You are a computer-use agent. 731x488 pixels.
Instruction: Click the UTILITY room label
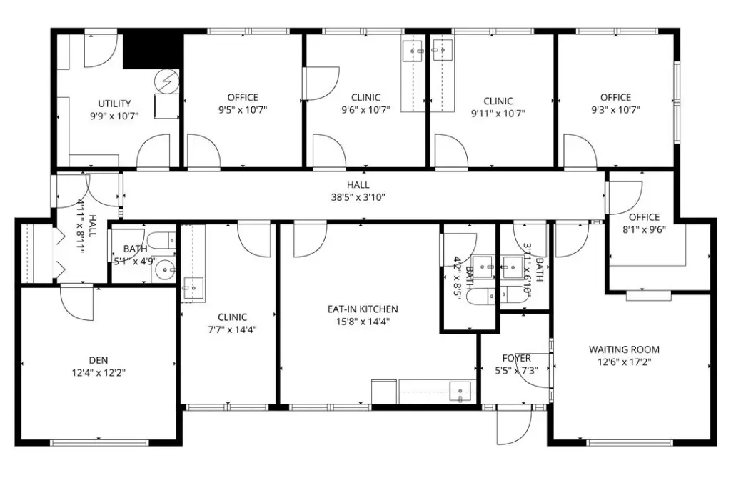coord(114,104)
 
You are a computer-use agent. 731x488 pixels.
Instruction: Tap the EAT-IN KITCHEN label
coord(363,309)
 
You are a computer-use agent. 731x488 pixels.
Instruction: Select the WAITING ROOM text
coord(624,349)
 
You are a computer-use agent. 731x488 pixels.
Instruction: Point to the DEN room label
coord(99,360)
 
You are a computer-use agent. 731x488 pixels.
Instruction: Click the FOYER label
coord(517,358)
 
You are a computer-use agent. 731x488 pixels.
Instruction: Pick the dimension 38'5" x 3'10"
coord(358,197)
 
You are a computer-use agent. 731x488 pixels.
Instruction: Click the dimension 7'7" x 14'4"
coord(232,330)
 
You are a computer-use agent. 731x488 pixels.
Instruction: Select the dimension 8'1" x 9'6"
coord(645,229)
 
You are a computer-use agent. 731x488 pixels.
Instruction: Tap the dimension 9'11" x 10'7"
coord(498,114)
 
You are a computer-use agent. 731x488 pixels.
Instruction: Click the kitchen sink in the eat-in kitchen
coord(460,392)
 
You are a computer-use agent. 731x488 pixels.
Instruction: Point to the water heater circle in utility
coord(167,81)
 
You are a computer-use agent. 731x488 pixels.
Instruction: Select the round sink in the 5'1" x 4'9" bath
coord(165,270)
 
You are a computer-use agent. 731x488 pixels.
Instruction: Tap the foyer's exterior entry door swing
coord(515,425)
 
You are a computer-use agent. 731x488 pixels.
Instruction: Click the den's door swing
coord(77,304)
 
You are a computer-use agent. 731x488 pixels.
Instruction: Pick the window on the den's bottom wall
coord(99,442)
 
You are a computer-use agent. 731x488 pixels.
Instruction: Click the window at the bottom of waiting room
coord(630,442)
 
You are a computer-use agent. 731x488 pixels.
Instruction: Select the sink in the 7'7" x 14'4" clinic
coord(193,289)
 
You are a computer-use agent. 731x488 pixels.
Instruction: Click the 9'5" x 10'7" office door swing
coord(203,151)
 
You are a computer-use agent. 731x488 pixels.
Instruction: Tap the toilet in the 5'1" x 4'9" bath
coord(164,240)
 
